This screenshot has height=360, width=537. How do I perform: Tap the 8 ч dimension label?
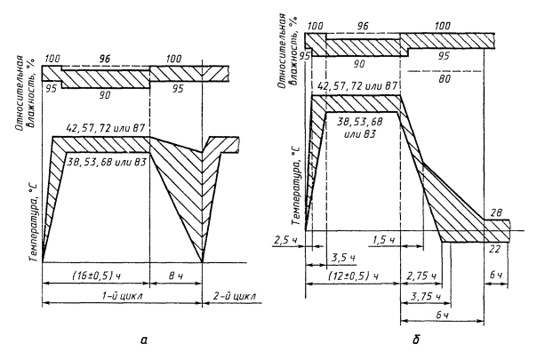[176, 276]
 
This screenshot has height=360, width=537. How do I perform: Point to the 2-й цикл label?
[234, 296]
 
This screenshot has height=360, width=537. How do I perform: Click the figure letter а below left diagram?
[143, 340]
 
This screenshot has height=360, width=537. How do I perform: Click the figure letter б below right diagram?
[416, 340]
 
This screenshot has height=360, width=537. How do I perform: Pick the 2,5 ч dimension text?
[285, 241]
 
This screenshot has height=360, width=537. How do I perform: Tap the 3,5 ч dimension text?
[343, 258]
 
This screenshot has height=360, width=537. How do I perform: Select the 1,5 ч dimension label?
[384, 240]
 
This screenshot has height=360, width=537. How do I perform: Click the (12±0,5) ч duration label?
[354, 276]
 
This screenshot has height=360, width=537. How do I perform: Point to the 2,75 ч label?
[421, 276]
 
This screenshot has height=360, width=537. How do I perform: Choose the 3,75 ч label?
[425, 296]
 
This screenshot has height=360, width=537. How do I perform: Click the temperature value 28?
[496, 213]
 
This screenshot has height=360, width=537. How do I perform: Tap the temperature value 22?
[494, 249]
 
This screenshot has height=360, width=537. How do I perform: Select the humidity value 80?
[445, 79]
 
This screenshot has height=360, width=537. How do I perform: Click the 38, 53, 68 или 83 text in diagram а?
[107, 161]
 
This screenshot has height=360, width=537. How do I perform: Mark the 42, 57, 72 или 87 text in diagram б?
[357, 86]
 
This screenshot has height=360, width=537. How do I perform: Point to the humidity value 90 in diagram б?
[359, 64]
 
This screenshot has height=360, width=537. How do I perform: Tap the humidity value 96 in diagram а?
[105, 59]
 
